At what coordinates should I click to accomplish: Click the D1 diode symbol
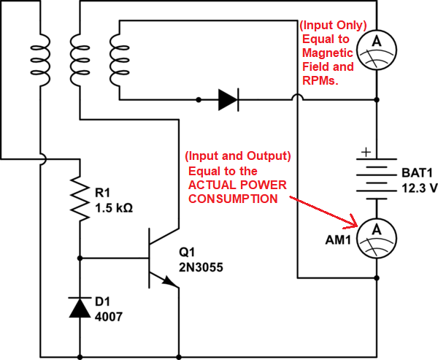coord(78,307)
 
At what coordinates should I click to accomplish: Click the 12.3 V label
coord(419,188)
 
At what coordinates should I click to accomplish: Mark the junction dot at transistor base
coord(78,258)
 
